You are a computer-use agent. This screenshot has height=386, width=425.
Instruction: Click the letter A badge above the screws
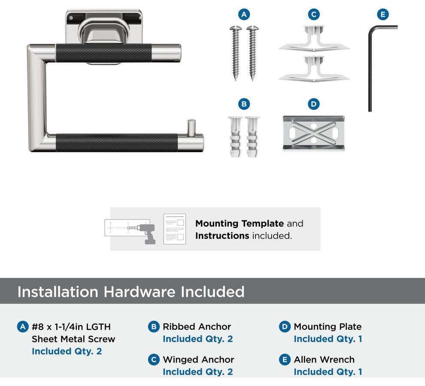coord(244,14)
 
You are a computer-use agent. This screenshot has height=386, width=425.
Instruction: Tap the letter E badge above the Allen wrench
coord(383,14)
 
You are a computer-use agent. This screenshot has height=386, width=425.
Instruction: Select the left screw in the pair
coord(236,53)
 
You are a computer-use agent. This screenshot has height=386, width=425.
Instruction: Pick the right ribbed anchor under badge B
coord(252,137)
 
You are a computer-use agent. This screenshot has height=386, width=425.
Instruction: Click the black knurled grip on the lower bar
coord(117,142)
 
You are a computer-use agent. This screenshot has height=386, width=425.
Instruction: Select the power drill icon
coord(145,233)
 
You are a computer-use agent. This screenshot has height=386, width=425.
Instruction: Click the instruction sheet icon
coord(175,229)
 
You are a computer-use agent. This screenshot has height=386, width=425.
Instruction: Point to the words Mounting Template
coord(240,223)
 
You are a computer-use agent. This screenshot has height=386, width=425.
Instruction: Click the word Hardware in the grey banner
coord(140,292)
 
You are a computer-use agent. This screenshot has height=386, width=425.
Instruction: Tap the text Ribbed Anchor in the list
coord(197,327)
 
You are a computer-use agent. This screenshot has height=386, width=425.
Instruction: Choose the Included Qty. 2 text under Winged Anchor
coord(198,372)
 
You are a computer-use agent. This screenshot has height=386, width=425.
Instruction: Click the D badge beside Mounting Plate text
coord(285,327)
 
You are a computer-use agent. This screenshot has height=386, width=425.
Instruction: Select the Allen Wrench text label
coord(324,360)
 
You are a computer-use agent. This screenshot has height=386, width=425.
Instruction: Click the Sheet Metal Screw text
coord(73,339)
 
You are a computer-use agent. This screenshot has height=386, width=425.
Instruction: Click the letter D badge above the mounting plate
coord(314,104)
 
